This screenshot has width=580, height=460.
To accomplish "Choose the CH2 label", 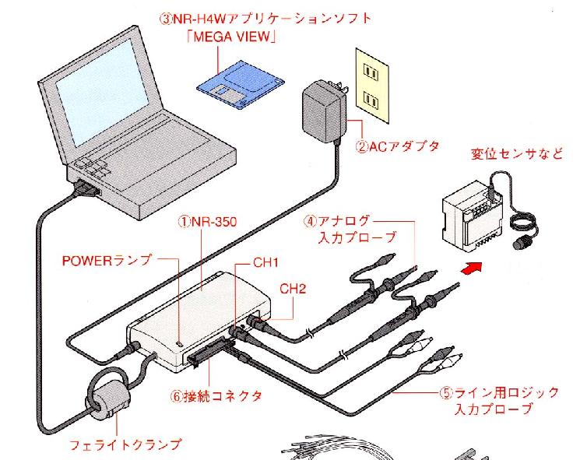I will click(x=293, y=288).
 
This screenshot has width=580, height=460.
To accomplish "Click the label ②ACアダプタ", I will click(x=398, y=146).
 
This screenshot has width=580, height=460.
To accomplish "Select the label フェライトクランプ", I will click(x=127, y=444).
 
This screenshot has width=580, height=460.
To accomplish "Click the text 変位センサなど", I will click(x=515, y=153).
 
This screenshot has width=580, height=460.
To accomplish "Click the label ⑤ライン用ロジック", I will click(x=499, y=392).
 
